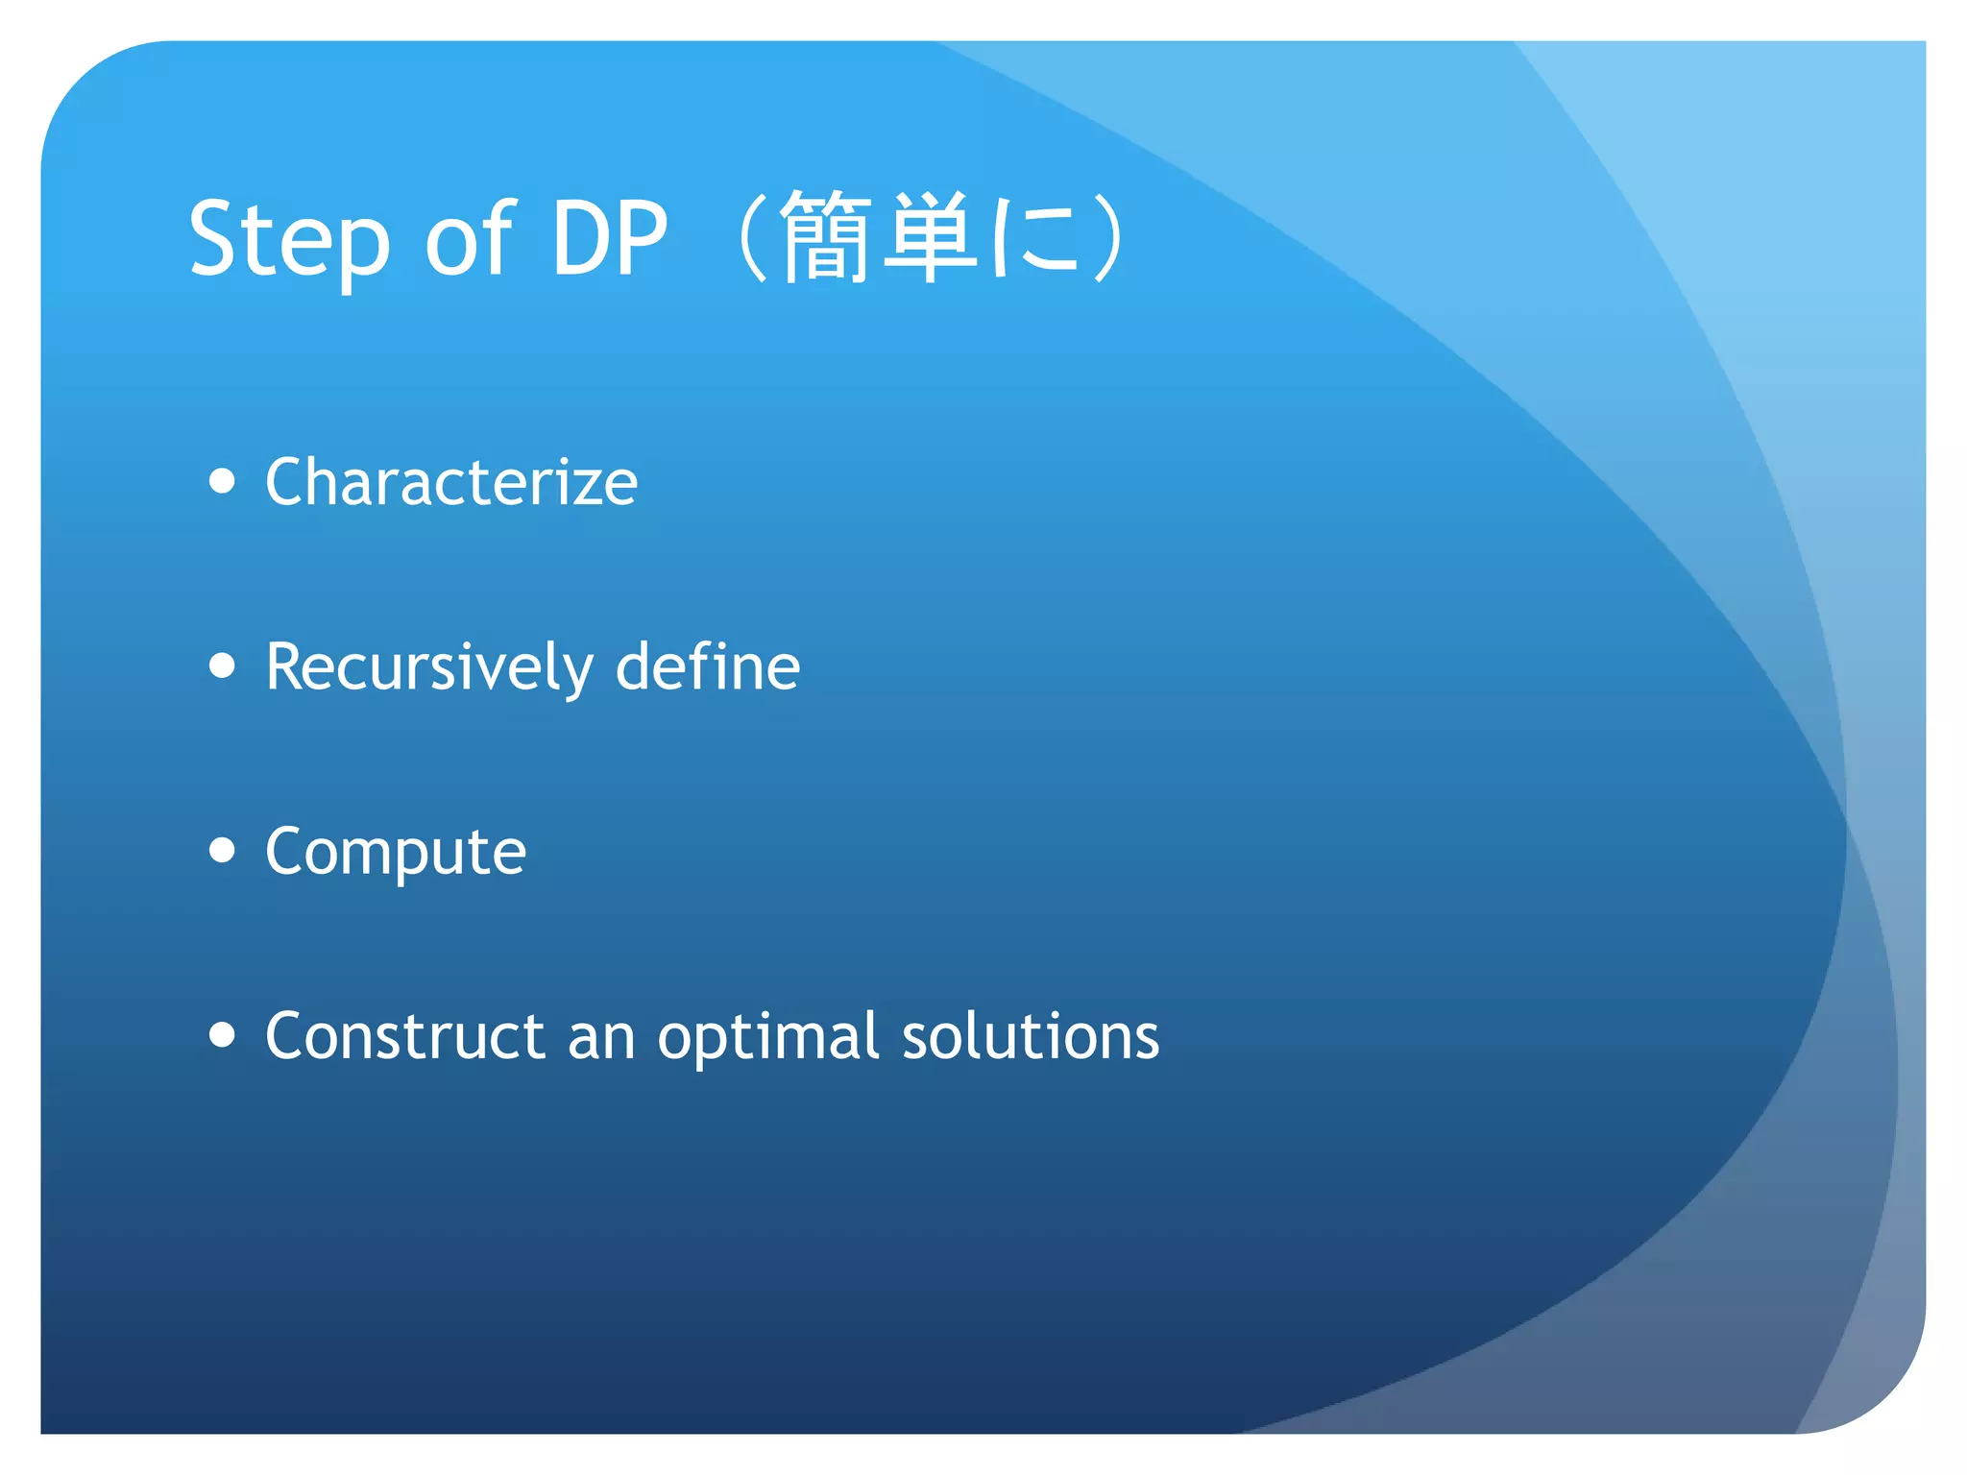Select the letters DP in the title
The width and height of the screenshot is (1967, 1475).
point(609,238)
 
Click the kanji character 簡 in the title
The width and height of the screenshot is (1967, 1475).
point(826,237)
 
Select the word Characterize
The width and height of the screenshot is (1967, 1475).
point(451,482)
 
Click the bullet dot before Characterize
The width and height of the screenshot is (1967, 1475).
point(222,481)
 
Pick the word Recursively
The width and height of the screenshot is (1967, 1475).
point(429,667)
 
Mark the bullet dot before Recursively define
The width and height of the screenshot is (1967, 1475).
point(222,665)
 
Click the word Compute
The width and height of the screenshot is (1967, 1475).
point(396,853)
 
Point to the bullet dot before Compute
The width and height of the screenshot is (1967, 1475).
point(222,850)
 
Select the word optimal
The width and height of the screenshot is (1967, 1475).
point(768,1037)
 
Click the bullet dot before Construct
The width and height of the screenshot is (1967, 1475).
point(222,1034)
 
